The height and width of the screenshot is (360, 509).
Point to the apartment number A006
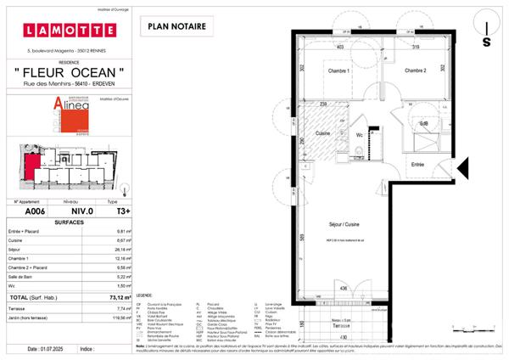(34, 211)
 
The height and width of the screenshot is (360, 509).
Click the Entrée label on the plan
(417, 164)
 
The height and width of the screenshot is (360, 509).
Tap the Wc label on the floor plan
(360, 134)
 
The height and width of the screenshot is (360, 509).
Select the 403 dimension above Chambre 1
(340, 48)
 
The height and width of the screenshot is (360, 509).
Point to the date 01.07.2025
(55, 349)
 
